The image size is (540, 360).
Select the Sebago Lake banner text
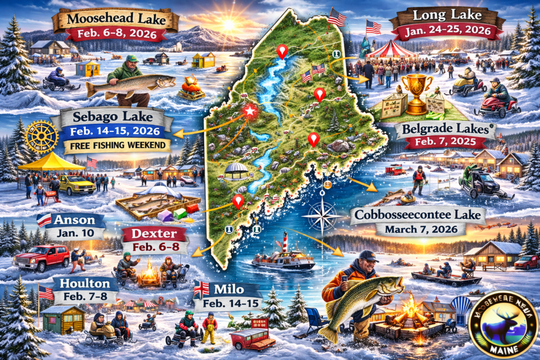tap(116, 116)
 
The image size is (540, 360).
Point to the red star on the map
tap(250, 111)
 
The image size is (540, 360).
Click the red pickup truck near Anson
tap(42, 258)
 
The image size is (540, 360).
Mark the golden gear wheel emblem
tap(41, 135)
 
